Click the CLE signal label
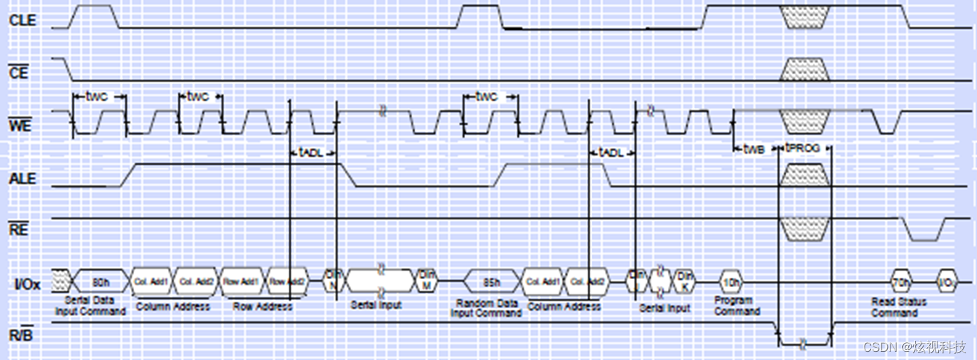(x=22, y=20)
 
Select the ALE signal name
(x=22, y=179)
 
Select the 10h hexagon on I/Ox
(x=733, y=281)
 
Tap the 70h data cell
(x=901, y=281)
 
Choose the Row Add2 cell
(x=287, y=281)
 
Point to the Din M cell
(x=426, y=278)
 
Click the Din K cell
(x=684, y=279)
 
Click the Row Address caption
(x=262, y=306)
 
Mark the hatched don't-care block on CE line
(x=805, y=69)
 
